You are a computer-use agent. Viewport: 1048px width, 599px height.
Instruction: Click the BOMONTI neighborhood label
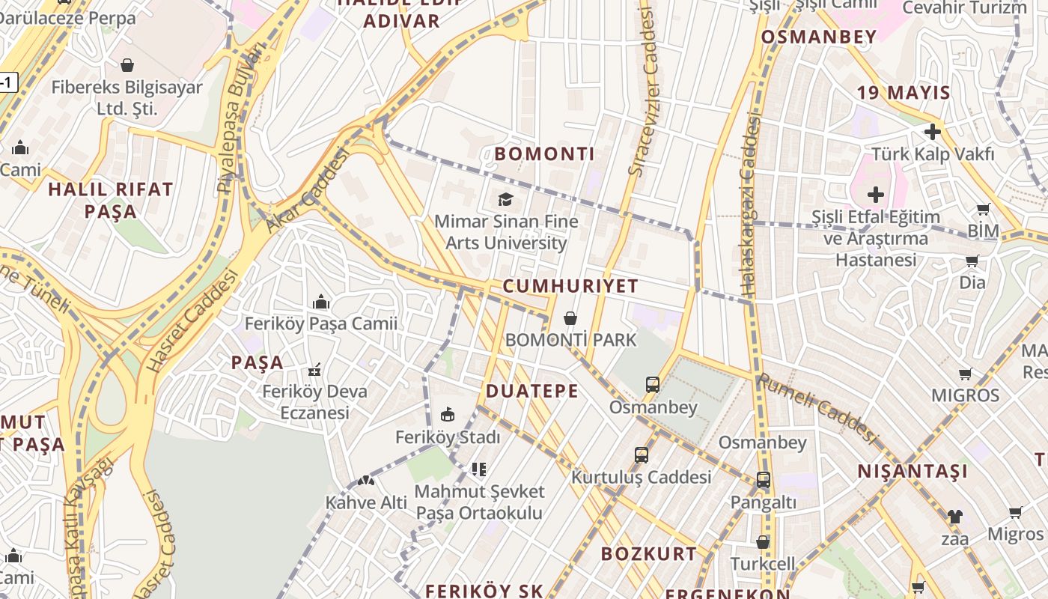544,154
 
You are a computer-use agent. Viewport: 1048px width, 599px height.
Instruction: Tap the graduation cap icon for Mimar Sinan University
506,199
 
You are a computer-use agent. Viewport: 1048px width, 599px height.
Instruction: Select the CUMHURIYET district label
570,286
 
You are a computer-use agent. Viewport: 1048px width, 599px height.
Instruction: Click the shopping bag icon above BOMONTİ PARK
570,318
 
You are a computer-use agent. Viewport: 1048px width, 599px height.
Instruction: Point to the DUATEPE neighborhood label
532,391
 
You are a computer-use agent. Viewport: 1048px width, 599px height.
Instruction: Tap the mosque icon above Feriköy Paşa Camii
322,302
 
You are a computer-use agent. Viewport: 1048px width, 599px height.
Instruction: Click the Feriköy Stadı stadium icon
448,414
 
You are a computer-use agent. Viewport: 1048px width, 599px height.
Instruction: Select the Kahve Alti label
366,502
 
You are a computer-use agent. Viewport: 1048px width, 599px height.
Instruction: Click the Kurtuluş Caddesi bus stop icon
642,454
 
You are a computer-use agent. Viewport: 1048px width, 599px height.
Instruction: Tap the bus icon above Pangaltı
764,480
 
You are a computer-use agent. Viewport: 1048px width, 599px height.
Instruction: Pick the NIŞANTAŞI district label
913,471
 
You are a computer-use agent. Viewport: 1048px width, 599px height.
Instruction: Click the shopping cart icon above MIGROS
966,373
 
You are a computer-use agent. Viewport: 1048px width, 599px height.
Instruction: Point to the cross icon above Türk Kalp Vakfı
933,132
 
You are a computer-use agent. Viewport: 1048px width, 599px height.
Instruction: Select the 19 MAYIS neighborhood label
904,93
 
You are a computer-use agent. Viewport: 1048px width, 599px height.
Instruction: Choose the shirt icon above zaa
955,516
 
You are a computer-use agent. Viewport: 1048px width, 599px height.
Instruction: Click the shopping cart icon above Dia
972,261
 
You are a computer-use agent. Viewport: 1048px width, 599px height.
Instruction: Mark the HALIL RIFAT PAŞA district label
111,200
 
